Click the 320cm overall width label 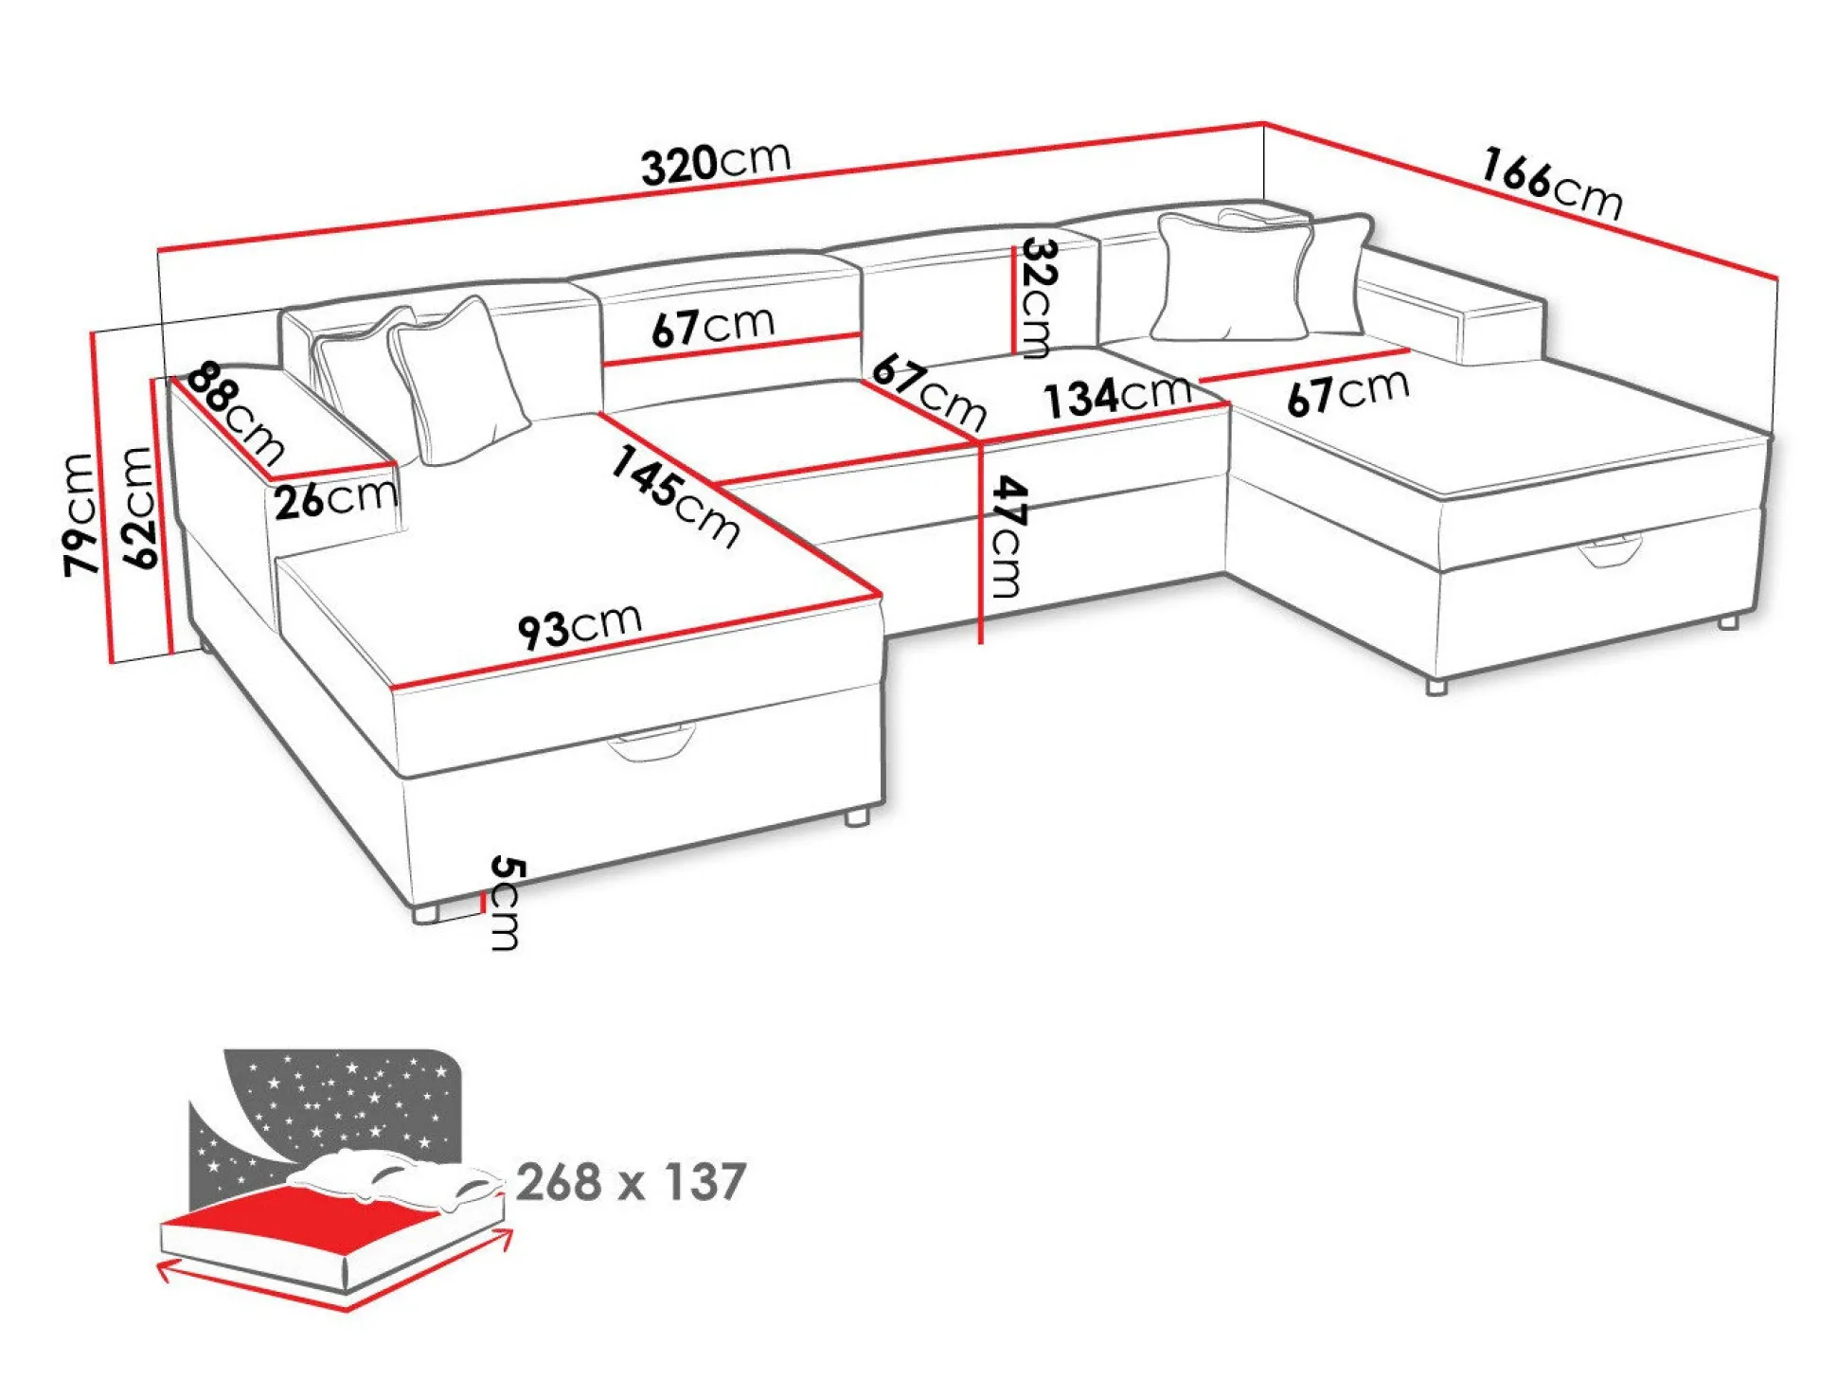[715, 163]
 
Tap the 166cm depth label [1551, 184]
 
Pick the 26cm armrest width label [335, 497]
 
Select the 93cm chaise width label [580, 625]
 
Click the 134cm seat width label [1116, 394]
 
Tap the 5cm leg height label [505, 902]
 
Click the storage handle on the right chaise [1609, 552]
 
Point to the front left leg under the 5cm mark [425, 913]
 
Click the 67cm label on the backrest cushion [713, 326]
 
